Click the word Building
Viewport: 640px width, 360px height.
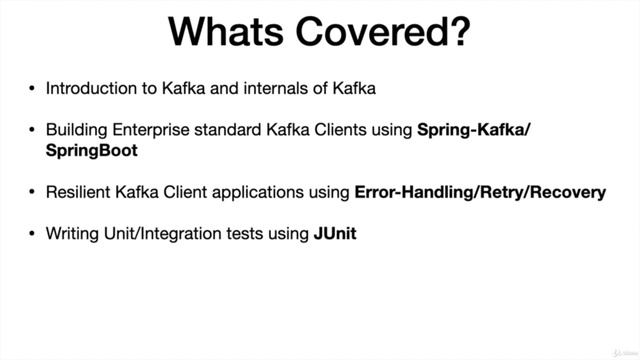[75, 130]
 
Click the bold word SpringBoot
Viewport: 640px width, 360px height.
[92, 151]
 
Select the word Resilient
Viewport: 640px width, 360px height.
[79, 191]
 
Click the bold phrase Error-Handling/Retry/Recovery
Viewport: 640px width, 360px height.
[480, 191]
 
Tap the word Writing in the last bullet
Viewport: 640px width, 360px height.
[72, 233]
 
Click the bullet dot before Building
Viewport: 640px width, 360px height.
[32, 131]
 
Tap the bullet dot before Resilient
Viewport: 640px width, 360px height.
[32, 192]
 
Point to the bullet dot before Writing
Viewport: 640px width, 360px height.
[32, 234]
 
